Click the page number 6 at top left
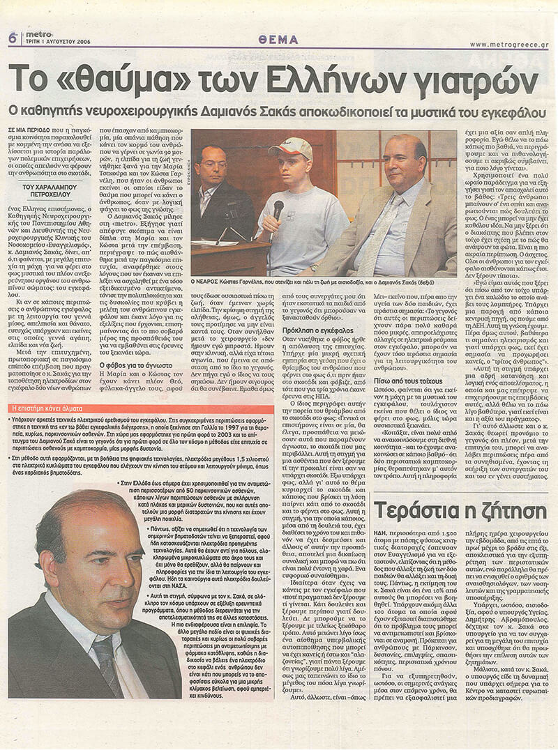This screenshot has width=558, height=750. pyautogui.click(x=13, y=38)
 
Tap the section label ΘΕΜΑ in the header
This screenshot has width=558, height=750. pyautogui.click(x=278, y=40)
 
